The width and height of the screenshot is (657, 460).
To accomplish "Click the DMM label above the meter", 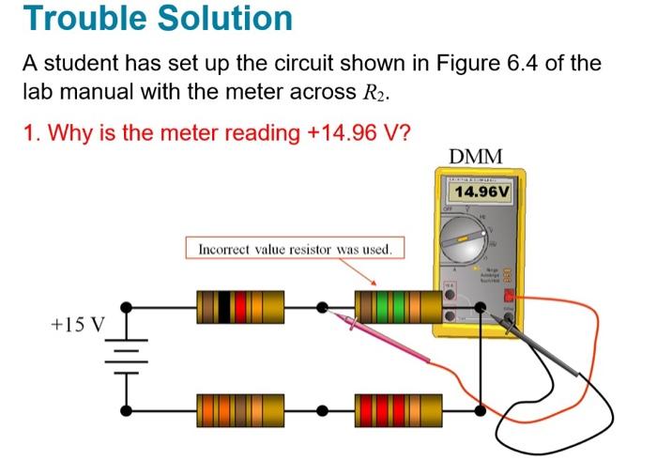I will pos(476,155).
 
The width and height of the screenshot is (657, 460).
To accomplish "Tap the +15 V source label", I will pos(79,325).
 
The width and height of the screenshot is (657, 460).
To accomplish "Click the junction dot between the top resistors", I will pos(322,306).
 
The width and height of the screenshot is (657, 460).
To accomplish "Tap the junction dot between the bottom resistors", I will pos(322,410).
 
